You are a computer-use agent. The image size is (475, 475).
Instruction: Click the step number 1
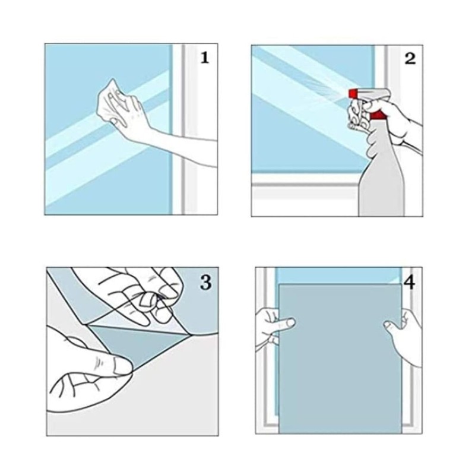[205, 58]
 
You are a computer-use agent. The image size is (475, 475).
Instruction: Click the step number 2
[410, 58]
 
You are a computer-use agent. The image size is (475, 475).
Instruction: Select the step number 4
[409, 283]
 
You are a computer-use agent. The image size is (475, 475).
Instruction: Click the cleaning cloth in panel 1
[110, 100]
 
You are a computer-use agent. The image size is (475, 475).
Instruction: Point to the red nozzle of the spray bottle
[352, 94]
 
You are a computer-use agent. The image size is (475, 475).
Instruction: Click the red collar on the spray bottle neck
[378, 115]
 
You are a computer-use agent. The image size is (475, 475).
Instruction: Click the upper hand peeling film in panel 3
[137, 294]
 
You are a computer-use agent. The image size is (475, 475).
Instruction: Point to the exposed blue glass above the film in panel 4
[338, 275]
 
